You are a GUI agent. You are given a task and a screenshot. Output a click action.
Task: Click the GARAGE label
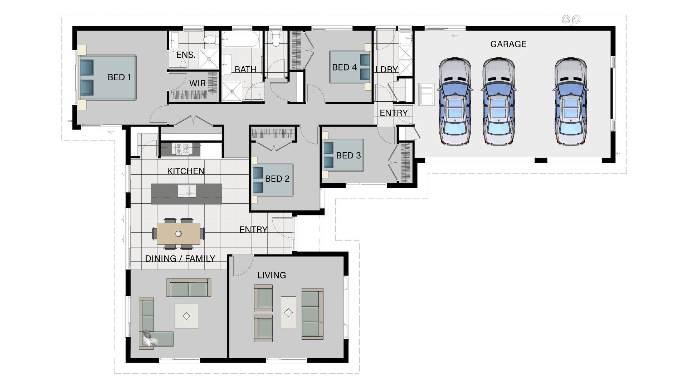pyautogui.click(x=508, y=44)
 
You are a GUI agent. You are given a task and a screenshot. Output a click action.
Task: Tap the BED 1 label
pyautogui.click(x=119, y=77)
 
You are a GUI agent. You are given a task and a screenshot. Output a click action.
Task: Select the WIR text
pyautogui.click(x=197, y=83)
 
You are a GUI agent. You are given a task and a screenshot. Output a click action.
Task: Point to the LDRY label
pyautogui.click(x=386, y=70)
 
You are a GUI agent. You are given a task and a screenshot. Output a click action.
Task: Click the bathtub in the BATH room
pyautogui.click(x=240, y=39)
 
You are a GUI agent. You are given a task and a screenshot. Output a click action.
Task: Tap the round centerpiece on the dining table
pyautogui.click(x=178, y=234)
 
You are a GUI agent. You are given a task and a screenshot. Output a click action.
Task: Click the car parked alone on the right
pyautogui.click(x=571, y=101)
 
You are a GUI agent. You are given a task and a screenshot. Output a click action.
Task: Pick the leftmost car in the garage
pyautogui.click(x=455, y=101)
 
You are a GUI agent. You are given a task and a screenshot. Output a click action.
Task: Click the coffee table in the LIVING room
pyautogui.click(x=288, y=312)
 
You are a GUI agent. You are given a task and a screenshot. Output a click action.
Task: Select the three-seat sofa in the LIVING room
pyautogui.click(x=312, y=314)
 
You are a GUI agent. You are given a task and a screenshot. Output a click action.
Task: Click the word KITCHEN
pyautogui.click(x=186, y=171)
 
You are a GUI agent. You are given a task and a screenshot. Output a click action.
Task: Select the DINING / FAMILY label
pyautogui.click(x=180, y=258)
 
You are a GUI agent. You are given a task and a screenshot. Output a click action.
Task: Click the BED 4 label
pyautogui.click(x=344, y=67)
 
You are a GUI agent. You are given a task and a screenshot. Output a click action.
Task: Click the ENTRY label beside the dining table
pyautogui.click(x=253, y=229)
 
